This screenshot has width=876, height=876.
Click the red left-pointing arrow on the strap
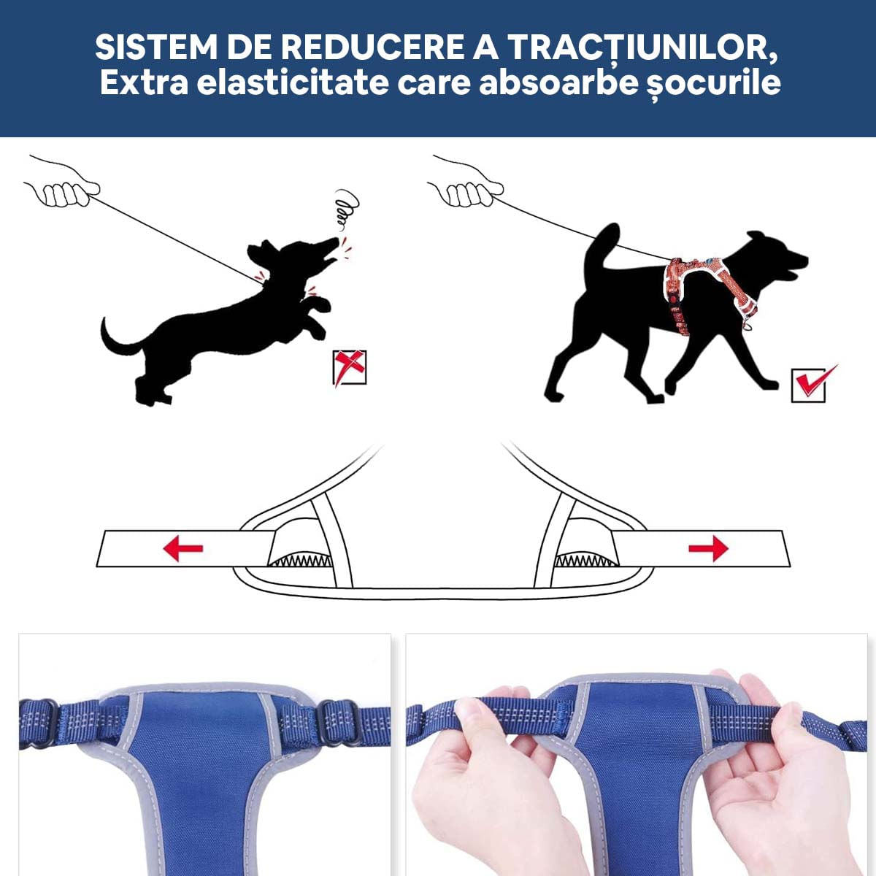click(x=182, y=547)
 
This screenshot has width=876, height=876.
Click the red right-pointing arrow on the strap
click(x=708, y=547)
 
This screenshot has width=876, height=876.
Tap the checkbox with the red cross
click(x=350, y=367)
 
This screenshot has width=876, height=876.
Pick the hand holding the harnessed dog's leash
click(x=467, y=189)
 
